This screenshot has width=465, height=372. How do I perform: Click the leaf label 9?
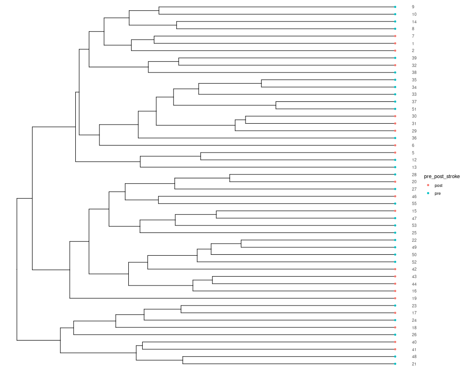(x=413, y=7)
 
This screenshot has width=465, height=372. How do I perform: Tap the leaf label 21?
(x=414, y=364)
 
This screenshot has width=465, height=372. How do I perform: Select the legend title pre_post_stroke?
(x=442, y=177)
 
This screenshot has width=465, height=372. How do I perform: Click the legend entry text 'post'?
(x=438, y=186)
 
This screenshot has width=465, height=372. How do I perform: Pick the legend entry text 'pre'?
(x=438, y=193)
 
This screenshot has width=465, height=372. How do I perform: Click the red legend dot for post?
(x=428, y=185)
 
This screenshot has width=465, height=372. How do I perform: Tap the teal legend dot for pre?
(x=428, y=193)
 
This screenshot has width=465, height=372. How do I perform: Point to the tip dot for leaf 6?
(x=395, y=146)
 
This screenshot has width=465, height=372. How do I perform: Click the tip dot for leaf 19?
(x=395, y=298)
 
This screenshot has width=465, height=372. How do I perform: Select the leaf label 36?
(x=414, y=138)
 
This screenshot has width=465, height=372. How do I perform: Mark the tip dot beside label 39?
(x=395, y=58)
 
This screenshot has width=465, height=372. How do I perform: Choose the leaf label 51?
(x=414, y=109)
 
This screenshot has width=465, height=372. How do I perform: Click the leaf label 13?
(x=414, y=167)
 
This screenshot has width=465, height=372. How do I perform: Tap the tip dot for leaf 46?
(x=395, y=196)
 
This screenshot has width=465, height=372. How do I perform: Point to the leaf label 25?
(x=414, y=233)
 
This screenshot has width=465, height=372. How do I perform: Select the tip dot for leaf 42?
(x=395, y=269)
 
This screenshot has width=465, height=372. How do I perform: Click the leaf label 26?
(x=414, y=335)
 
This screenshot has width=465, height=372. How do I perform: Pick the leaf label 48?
(x=414, y=357)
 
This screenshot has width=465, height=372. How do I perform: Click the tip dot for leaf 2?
(x=395, y=51)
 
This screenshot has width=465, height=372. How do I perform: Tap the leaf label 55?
(x=414, y=204)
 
